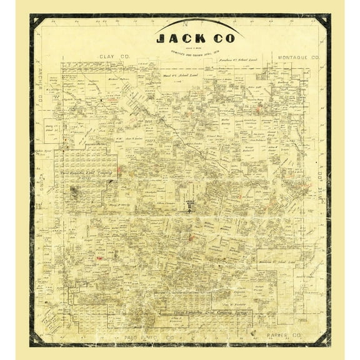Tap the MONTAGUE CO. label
click(x=298, y=57)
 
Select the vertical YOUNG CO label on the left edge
click(x=39, y=187)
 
